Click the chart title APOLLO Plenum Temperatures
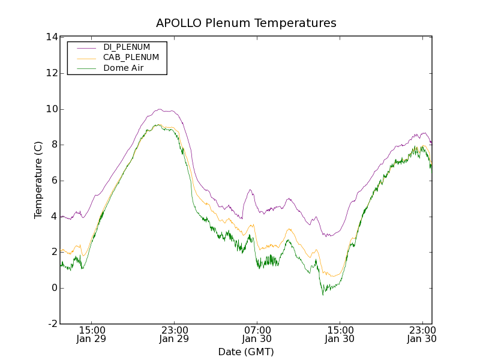246,23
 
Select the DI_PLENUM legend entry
127,47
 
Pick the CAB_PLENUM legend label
131,58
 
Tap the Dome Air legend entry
123,68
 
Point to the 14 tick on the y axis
51,37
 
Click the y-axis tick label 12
51,73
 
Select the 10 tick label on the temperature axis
51,109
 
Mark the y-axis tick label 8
53,145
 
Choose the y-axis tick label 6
53,181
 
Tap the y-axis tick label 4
53,217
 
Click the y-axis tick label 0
53,288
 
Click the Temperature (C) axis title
38,180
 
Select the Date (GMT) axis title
246,352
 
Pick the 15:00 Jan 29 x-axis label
92,334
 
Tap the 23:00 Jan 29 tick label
175,334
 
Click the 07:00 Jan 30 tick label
257,334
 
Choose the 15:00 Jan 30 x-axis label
340,334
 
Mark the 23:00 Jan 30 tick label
422,334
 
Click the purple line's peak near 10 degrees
160,109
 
